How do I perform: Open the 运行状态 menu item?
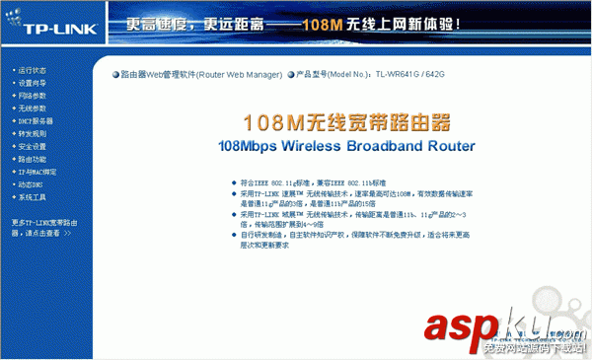click(x=32, y=71)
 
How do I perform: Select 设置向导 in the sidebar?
click(x=32, y=84)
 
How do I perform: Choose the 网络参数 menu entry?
click(x=32, y=96)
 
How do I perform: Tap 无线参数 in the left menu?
click(x=32, y=108)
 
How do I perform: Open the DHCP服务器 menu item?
click(x=35, y=121)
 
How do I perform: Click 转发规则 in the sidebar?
click(x=32, y=134)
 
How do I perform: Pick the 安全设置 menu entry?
click(x=32, y=147)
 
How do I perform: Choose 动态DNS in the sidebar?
click(x=31, y=184)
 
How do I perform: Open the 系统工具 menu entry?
click(x=32, y=197)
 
